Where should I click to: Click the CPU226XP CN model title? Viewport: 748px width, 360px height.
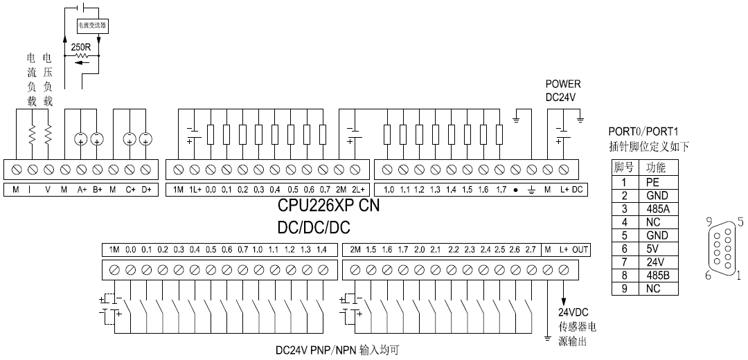[x=329, y=206]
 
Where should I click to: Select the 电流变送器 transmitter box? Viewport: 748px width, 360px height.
[x=92, y=25]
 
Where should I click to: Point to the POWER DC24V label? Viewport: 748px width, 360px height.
[x=562, y=90]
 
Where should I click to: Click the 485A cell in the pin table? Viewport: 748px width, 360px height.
[x=652, y=209]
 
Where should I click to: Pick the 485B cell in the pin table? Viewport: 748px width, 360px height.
[x=652, y=275]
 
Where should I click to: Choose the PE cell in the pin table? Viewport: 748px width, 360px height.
[x=652, y=183]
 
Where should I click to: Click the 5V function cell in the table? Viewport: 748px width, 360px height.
[x=652, y=249]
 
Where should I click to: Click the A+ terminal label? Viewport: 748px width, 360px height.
[x=80, y=189]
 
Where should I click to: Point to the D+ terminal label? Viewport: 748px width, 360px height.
[x=145, y=189]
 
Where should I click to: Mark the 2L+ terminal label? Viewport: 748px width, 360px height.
[x=356, y=189]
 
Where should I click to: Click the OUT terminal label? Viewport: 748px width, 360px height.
[x=580, y=249]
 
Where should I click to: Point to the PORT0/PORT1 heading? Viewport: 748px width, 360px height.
[x=643, y=132]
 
